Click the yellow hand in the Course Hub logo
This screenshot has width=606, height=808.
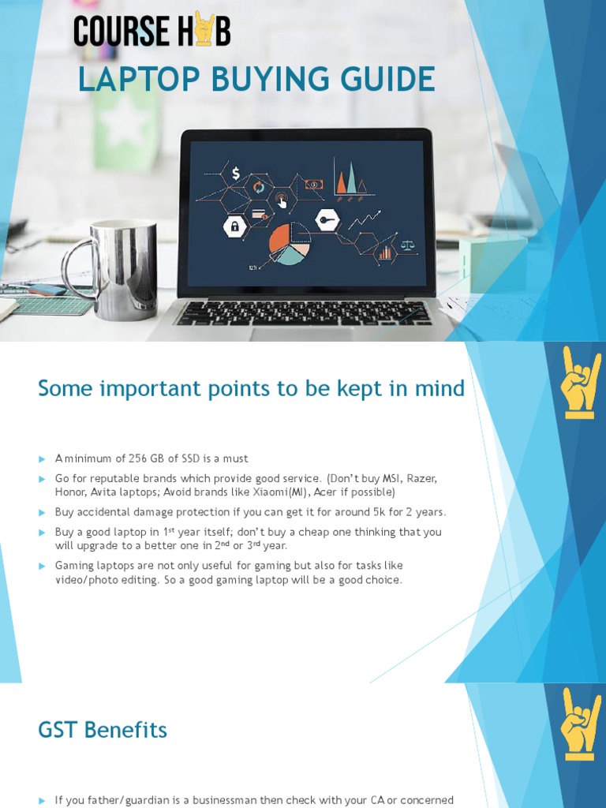[x=204, y=29]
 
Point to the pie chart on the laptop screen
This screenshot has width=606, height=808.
[x=290, y=243]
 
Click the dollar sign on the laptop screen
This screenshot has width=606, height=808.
[x=235, y=174]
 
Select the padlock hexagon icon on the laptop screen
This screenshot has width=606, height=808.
[x=234, y=227]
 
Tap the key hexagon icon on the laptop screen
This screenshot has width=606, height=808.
[x=327, y=219]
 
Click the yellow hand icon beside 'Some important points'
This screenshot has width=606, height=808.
[x=581, y=382]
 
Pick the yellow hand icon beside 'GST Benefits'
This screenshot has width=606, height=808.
[x=581, y=724]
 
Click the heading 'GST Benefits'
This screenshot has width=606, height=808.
[x=103, y=730]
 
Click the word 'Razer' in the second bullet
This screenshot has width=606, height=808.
[x=421, y=478]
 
